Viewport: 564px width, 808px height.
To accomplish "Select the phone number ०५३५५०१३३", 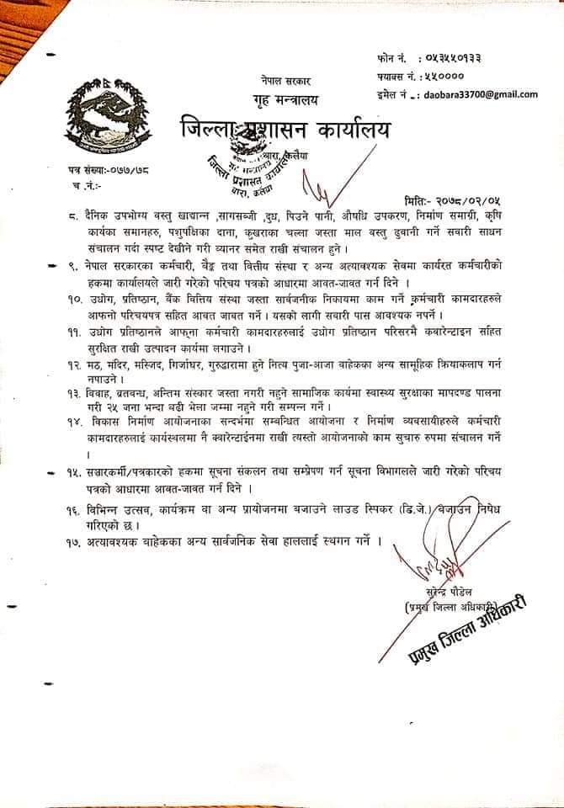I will click(x=455, y=59).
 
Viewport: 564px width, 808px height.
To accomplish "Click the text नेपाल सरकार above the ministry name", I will click(x=285, y=82).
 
